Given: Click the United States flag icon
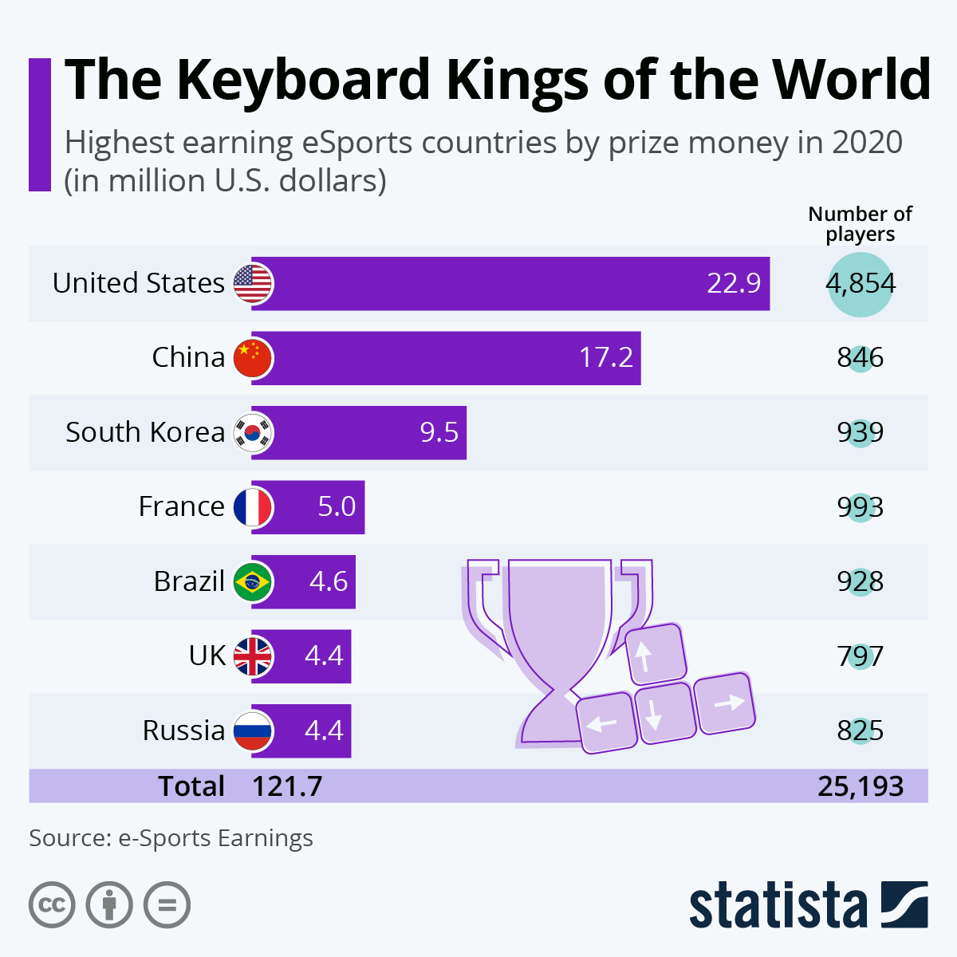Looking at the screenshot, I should pyautogui.click(x=254, y=283).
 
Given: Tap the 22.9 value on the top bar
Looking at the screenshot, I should pyautogui.click(x=734, y=283).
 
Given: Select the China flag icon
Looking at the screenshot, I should pyautogui.click(x=254, y=357).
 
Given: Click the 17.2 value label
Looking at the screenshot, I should pyautogui.click(x=606, y=357).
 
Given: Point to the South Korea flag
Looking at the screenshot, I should pyautogui.click(x=254, y=432).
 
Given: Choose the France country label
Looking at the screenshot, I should pyautogui.click(x=182, y=506).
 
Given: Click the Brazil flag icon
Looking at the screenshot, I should pyautogui.click(x=254, y=581).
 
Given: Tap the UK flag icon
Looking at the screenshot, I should pyautogui.click(x=254, y=656).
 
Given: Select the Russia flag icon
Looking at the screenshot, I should pyautogui.click(x=254, y=731).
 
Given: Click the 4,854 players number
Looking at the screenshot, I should pyautogui.click(x=861, y=284).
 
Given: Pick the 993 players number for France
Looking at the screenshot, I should pyautogui.click(x=861, y=507).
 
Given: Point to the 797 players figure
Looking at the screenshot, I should pyautogui.click(x=861, y=656).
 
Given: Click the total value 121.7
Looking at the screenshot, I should pyautogui.click(x=287, y=786).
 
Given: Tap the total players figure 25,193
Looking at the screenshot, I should pyautogui.click(x=861, y=786).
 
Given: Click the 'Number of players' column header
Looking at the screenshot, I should pyautogui.click(x=861, y=224).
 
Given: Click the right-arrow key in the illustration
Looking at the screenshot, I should pyautogui.click(x=725, y=702).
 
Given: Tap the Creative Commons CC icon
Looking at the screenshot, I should pyautogui.click(x=52, y=905).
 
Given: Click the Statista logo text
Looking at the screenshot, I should pyautogui.click(x=778, y=907).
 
